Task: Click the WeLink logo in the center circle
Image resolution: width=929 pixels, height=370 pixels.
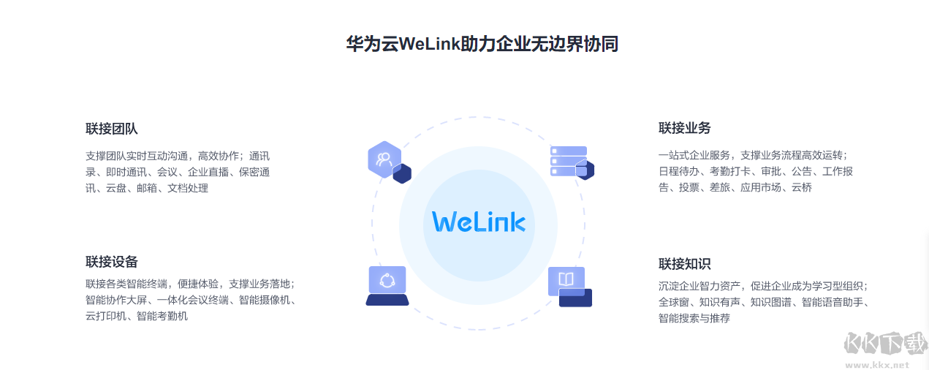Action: (478, 221)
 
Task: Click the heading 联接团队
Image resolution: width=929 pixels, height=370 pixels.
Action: (112, 129)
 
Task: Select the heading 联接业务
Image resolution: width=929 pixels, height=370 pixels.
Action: (685, 128)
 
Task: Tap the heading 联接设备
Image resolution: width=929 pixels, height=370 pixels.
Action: (112, 262)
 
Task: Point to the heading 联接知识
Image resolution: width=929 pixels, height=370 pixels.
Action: (685, 264)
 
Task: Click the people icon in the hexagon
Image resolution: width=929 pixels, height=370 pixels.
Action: (384, 159)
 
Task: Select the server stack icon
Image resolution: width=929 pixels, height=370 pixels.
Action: (568, 161)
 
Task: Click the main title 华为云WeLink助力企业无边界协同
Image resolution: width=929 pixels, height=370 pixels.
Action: (482, 44)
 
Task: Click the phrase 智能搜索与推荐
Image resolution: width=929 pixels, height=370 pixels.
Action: (694, 318)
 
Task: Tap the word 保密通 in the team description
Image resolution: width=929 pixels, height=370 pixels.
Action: (254, 172)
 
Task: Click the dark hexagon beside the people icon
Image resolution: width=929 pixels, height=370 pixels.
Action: (402, 174)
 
